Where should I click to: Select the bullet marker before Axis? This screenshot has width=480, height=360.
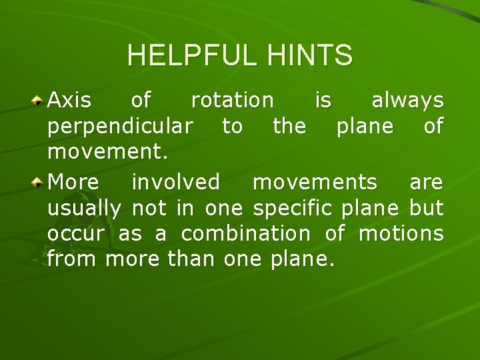39,101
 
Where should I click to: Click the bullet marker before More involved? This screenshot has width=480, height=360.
39,182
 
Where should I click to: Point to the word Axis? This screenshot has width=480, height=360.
70,101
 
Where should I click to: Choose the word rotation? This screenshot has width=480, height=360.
232,101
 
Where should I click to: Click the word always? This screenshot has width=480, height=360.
407,101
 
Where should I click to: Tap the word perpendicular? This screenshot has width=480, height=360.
121,127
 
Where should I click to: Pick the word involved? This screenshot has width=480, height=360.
175,181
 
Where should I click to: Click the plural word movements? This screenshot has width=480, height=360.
315,181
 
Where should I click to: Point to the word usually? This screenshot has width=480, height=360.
84,209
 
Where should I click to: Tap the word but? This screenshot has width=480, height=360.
426,208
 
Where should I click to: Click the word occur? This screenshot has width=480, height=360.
75,234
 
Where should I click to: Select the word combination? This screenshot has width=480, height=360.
245,234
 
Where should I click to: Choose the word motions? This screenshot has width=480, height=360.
401,234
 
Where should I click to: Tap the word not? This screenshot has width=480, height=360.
151,208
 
